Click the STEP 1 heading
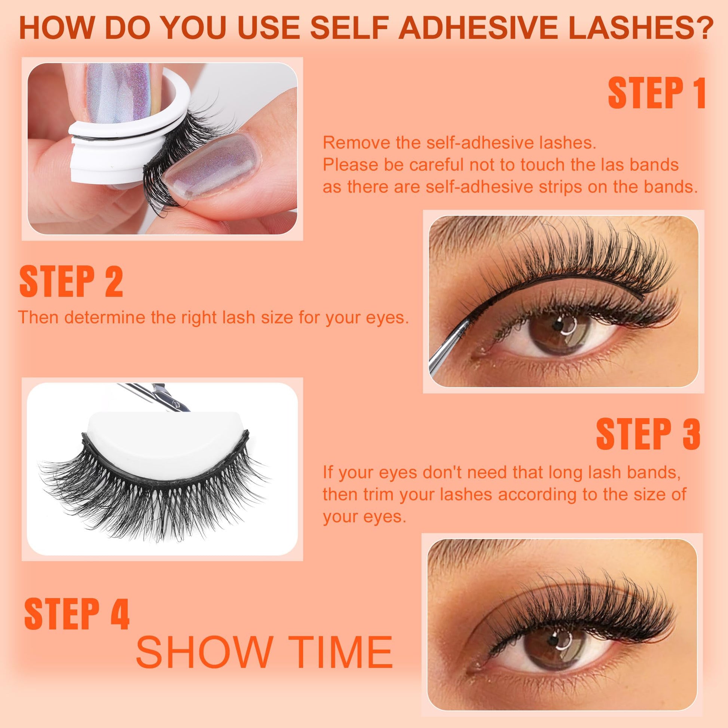coord(657,93)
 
